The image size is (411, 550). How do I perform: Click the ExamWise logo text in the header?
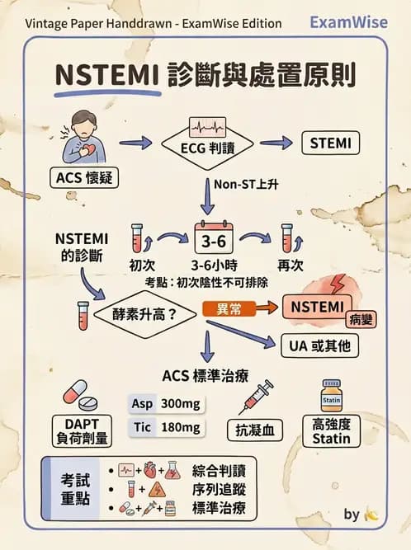coord(348,22)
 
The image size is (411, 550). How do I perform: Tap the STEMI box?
coord(329,143)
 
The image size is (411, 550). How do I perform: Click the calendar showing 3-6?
coord(215,239)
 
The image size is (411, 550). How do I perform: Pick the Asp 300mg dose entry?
coord(166,404)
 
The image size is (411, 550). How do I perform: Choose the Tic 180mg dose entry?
coord(166,427)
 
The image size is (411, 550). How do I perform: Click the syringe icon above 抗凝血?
coord(255,397)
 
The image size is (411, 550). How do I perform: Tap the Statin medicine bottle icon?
coord(331,397)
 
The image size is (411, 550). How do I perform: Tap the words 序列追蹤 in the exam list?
coord(218,490)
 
